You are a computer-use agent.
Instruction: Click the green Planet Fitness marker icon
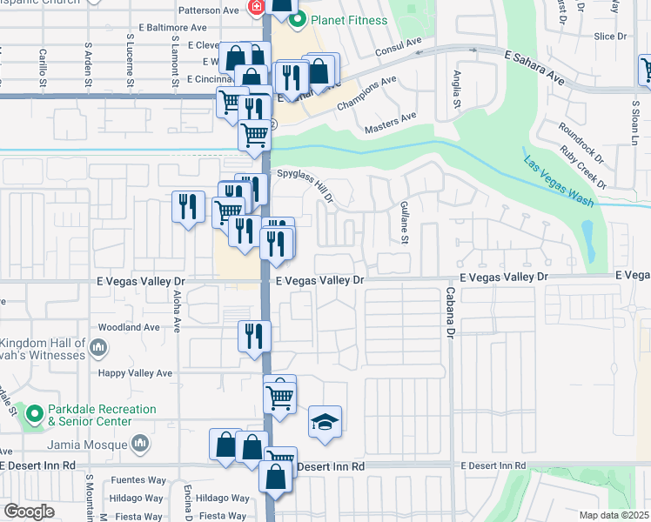[298, 19]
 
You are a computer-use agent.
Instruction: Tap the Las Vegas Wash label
[558, 181]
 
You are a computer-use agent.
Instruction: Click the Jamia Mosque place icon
[140, 445]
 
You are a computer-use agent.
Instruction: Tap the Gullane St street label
[405, 221]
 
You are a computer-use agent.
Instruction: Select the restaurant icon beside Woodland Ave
[254, 335]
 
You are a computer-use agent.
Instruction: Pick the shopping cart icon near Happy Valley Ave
[279, 396]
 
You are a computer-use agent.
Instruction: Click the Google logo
[29, 512]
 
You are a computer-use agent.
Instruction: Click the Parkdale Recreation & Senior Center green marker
[35, 414]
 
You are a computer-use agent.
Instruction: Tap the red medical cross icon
[256, 9]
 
